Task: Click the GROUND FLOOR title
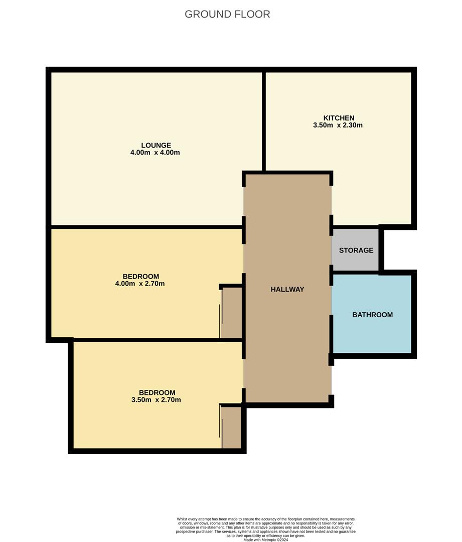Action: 227,14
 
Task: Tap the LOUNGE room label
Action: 155,146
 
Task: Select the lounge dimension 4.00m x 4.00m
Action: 155,153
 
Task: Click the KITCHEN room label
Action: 339,118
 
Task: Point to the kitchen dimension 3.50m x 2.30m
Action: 338,125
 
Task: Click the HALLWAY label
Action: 287,289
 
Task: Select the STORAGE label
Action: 356,250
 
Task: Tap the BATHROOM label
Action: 372,315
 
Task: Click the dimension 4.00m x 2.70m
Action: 140,284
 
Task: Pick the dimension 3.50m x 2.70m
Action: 156,400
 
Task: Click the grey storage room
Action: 355,261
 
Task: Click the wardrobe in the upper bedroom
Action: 231,313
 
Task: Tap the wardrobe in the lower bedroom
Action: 231,427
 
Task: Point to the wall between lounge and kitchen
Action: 263,120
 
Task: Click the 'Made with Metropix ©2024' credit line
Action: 266,539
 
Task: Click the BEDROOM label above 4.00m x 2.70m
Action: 140,277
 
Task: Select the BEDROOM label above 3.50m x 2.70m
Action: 157,392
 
